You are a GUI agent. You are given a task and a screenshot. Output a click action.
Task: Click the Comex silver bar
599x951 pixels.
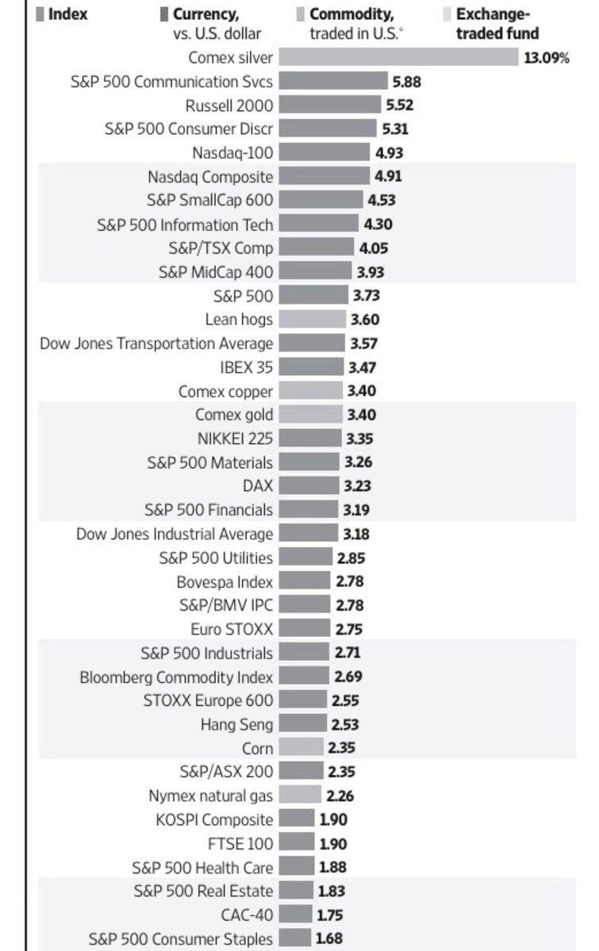[397, 58]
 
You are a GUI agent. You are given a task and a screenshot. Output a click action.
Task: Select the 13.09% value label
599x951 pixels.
[546, 58]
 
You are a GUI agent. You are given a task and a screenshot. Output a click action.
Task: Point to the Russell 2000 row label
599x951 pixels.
[229, 105]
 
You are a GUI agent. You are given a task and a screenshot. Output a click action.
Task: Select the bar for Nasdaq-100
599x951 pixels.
[324, 153]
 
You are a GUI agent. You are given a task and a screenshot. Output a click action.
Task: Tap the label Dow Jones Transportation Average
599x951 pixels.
[156, 343]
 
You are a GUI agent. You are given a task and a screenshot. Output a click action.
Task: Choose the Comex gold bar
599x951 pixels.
[310, 415]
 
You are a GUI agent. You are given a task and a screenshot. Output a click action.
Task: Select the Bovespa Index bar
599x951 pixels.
[304, 581]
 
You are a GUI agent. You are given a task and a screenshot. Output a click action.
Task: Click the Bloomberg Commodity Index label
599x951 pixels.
[176, 677]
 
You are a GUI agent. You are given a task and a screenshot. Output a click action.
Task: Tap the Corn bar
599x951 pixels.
[301, 748]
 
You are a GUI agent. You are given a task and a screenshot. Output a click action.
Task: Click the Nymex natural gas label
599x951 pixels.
[210, 796]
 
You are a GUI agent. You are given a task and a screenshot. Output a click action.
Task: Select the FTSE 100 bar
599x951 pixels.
[296, 843]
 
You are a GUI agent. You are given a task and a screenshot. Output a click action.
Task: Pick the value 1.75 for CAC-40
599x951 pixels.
[329, 915]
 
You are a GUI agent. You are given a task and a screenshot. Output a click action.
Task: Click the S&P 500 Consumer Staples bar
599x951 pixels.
[294, 938]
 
